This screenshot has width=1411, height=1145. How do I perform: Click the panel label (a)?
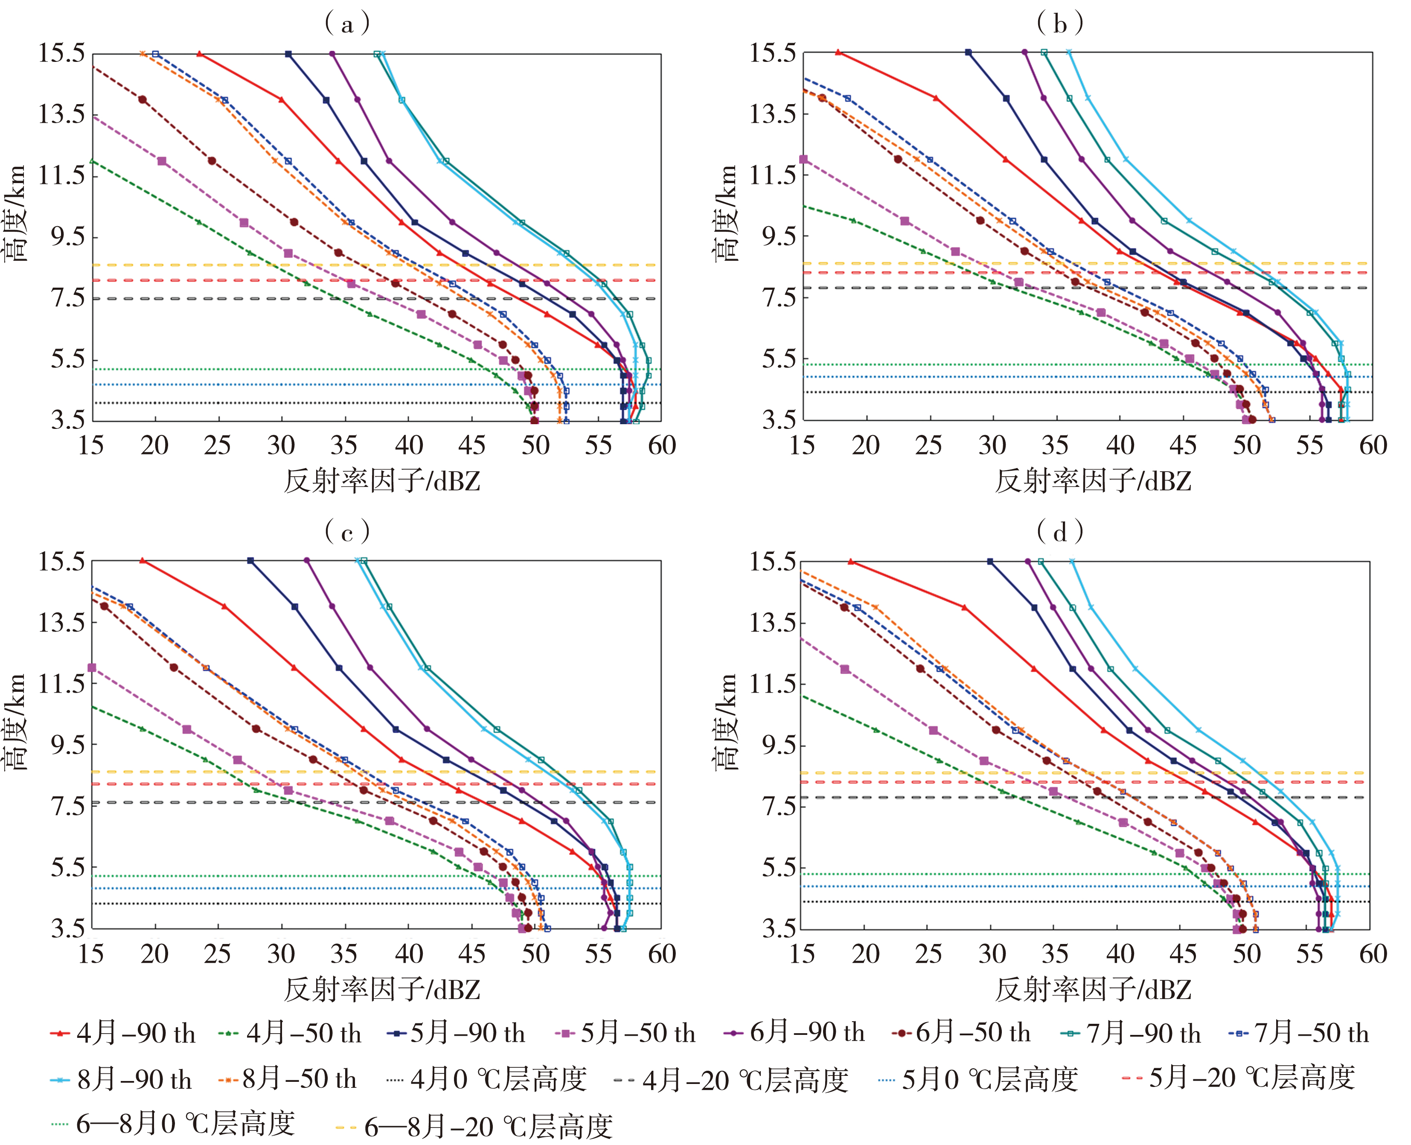click(347, 24)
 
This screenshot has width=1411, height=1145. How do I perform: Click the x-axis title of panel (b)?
click(1093, 481)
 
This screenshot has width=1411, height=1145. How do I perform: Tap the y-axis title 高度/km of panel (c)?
click(15, 722)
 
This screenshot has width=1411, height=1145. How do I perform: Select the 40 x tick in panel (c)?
click(409, 954)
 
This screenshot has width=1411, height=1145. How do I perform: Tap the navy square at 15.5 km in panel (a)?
click(288, 54)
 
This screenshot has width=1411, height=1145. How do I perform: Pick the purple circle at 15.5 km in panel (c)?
click(307, 561)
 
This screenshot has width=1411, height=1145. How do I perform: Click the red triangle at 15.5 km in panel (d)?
click(850, 562)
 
